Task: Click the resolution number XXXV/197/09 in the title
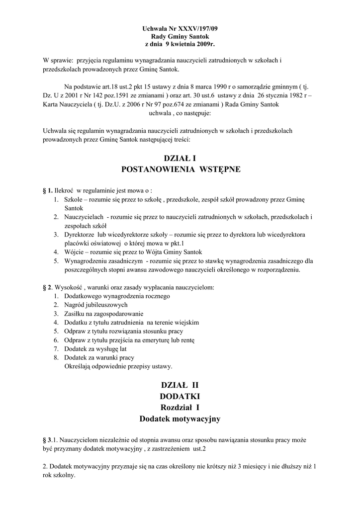(x=197, y=29)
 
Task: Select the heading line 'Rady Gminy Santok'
(x=180, y=37)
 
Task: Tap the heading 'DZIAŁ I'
(x=180, y=159)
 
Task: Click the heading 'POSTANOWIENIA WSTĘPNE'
(x=180, y=170)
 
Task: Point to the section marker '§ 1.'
(x=48, y=190)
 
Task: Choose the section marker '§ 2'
(x=48, y=288)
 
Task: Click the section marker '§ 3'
(x=48, y=441)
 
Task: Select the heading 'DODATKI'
(x=180, y=397)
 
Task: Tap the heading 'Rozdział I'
(x=180, y=408)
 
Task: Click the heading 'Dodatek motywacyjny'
(x=180, y=420)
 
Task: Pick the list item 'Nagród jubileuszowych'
(x=95, y=305)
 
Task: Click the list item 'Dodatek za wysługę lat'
(x=95, y=348)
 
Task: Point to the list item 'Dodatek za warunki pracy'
(x=99, y=357)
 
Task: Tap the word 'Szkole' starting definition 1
(x=73, y=199)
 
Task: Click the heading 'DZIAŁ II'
(x=180, y=385)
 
